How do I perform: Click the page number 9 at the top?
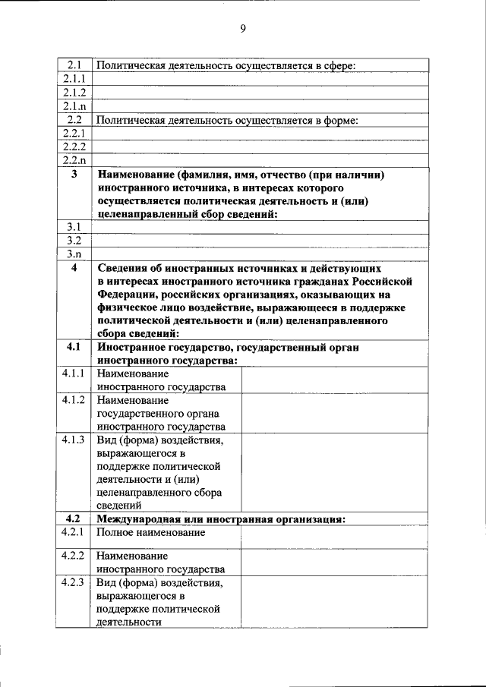[x=243, y=29]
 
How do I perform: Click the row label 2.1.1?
[x=74, y=79]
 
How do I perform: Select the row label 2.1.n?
[x=74, y=106]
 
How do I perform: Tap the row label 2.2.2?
[x=74, y=146]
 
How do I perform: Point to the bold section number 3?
[x=74, y=175]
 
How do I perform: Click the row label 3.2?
[x=74, y=240]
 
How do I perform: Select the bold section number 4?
[x=74, y=268]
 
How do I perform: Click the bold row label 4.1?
[x=74, y=347]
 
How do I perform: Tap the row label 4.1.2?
[x=74, y=399]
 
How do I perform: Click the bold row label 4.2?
[x=74, y=518]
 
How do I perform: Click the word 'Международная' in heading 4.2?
[x=134, y=519]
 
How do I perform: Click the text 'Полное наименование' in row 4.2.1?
[x=151, y=533]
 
